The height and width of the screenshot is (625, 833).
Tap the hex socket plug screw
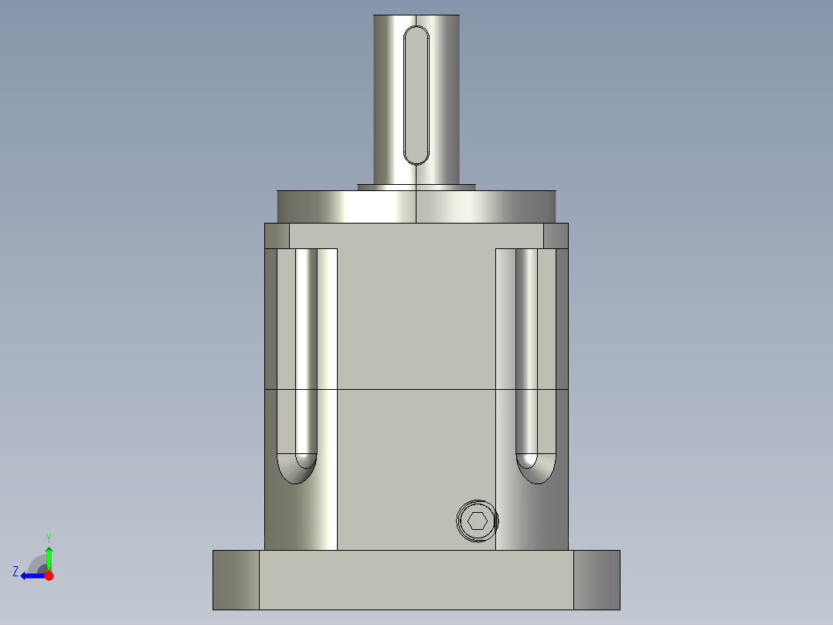pyautogui.click(x=477, y=521)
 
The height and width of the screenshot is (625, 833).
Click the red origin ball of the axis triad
pyautogui.click(x=49, y=575)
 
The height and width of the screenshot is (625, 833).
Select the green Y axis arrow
pyautogui.click(x=49, y=555)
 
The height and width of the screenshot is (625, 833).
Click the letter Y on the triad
pyautogui.click(x=49, y=537)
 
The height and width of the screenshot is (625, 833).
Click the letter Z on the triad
pyautogui.click(x=15, y=572)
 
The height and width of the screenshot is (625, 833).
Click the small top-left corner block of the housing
pyautogui.click(x=277, y=236)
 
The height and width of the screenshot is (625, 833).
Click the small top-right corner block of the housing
pyautogui.click(x=556, y=236)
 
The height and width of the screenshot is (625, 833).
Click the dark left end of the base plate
pyautogui.click(x=236, y=579)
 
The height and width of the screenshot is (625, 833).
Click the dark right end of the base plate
pyautogui.click(x=597, y=579)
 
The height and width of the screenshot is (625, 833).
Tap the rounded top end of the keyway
pyautogui.click(x=416, y=32)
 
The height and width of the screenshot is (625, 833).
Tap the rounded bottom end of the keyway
pyautogui.click(x=416, y=158)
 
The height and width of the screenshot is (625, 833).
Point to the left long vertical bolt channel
pyautogui.click(x=306, y=348)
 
